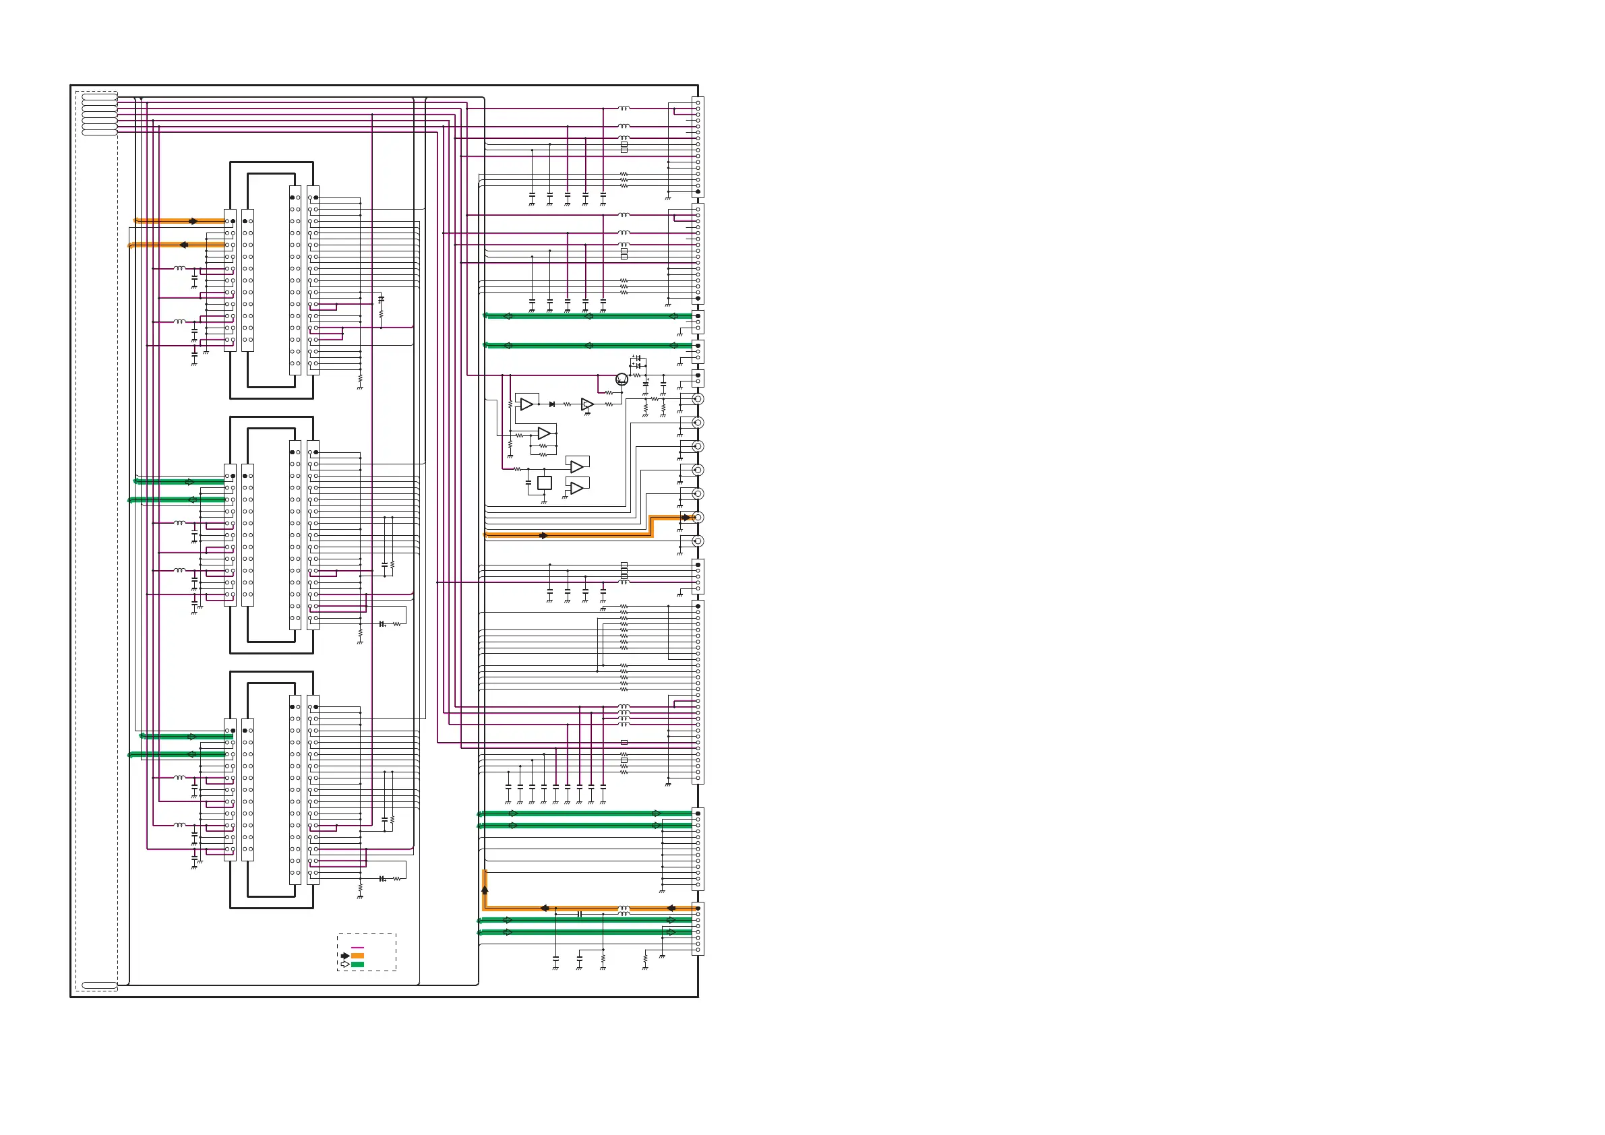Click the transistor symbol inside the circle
point(622,379)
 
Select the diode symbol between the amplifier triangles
point(552,404)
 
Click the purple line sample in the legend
point(357,948)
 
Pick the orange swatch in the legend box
point(357,956)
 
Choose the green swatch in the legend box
point(357,964)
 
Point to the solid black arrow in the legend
point(344,956)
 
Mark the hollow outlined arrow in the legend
point(344,964)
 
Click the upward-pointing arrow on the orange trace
point(485,890)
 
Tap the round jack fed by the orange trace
point(698,517)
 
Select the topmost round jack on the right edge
point(698,399)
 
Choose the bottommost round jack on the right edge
point(698,541)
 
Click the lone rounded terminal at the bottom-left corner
point(99,985)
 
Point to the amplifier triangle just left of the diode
point(527,404)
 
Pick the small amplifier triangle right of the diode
point(587,404)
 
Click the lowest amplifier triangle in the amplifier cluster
point(577,488)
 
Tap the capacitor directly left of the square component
point(528,482)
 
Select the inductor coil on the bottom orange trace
point(624,908)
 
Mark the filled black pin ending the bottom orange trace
point(698,908)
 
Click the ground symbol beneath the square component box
point(544,502)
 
